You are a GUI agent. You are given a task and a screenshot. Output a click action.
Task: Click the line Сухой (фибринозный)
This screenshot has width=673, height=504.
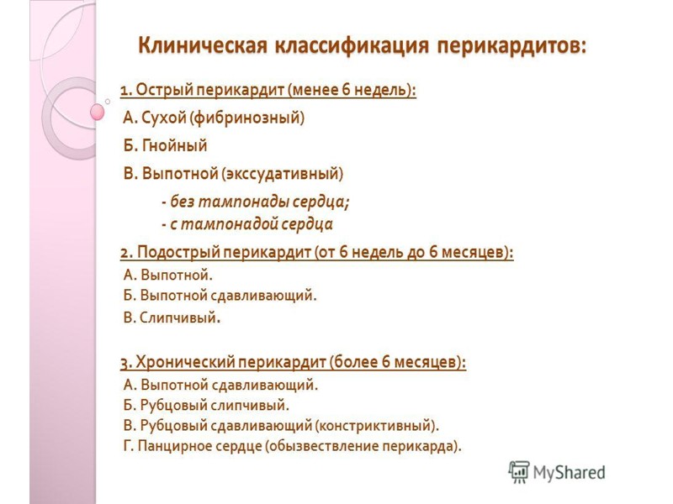click(214, 118)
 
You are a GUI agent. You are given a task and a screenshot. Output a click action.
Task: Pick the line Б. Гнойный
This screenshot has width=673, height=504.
click(165, 145)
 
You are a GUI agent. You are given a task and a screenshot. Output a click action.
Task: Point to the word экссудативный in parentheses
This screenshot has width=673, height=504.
click(283, 174)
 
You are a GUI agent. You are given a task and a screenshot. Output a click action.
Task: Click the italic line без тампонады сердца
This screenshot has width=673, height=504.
click(255, 202)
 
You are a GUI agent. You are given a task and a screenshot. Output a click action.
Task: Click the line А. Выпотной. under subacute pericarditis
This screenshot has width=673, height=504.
click(168, 274)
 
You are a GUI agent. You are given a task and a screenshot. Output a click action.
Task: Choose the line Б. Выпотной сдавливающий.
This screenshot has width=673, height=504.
click(220, 296)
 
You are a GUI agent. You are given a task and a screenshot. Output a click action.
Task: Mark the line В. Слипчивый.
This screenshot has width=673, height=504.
click(172, 318)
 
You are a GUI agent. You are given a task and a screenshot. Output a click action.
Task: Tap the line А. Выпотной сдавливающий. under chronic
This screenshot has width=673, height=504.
click(220, 385)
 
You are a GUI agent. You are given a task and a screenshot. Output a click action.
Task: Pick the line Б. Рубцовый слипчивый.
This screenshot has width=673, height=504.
click(206, 405)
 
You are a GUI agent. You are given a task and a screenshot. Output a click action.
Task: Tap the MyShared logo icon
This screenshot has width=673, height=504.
click(519, 472)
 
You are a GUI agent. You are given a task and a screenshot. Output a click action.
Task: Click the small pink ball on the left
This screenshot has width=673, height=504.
click(97, 111)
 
